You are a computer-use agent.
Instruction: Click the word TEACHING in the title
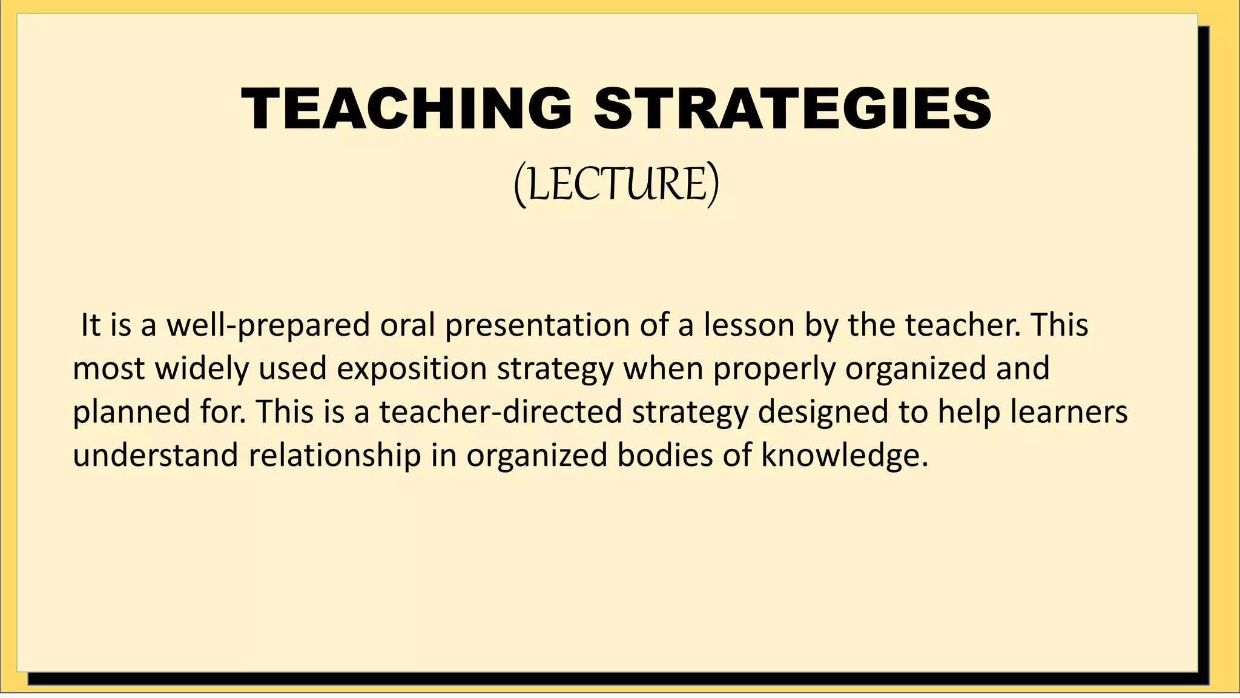click(406, 109)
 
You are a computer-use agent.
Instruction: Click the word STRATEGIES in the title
click(793, 109)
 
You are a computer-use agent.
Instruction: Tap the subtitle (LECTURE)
click(616, 184)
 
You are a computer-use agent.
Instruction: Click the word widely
click(202, 369)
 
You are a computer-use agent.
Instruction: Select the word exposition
click(412, 369)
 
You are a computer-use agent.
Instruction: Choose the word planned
click(131, 413)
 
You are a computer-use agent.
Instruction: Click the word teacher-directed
click(501, 413)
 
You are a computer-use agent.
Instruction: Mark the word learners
click(1069, 413)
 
